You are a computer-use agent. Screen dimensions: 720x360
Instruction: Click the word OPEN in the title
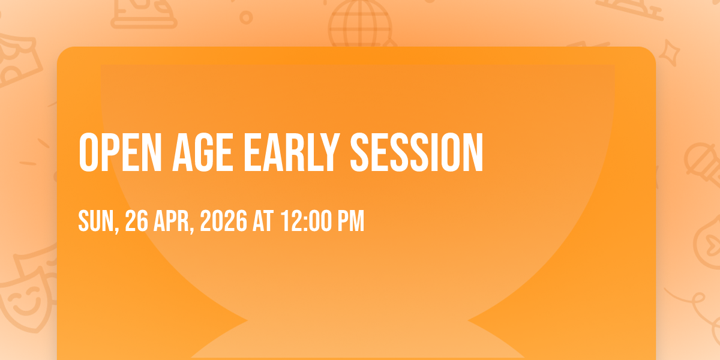(x=120, y=152)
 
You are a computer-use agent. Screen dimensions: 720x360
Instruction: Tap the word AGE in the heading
(x=203, y=152)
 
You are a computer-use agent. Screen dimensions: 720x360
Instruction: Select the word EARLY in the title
(x=292, y=152)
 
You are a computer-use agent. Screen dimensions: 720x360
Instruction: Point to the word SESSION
(x=416, y=152)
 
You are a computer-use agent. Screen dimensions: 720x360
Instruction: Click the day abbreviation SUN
(x=97, y=221)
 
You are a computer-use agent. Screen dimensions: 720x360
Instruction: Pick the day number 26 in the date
(x=137, y=221)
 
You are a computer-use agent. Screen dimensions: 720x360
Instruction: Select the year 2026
(x=224, y=221)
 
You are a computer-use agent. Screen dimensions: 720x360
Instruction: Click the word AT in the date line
(x=263, y=221)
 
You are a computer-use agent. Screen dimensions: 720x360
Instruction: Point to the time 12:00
(x=306, y=221)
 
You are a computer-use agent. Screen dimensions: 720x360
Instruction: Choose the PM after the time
(x=350, y=221)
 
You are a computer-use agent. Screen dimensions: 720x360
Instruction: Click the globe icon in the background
(x=361, y=24)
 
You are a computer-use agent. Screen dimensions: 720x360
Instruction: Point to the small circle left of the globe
(x=246, y=17)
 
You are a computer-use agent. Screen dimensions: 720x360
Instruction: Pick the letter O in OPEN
(x=88, y=152)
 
